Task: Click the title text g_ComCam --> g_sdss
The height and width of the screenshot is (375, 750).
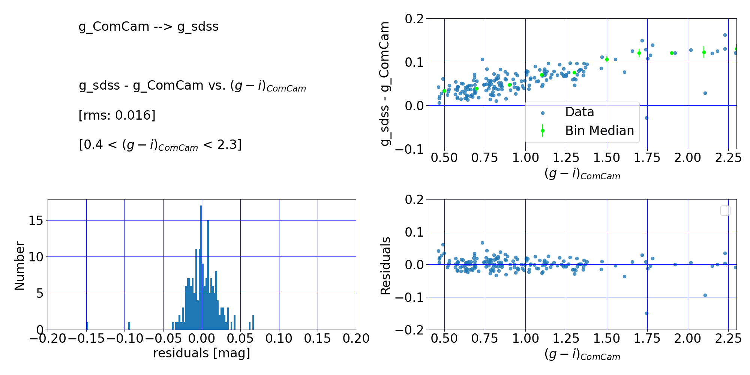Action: point(148,27)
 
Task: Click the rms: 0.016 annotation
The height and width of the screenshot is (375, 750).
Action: point(117,115)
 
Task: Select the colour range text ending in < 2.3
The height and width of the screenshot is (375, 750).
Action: point(160,145)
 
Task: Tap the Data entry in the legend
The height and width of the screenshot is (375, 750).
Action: point(579,112)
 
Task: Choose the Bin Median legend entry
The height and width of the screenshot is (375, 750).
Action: point(599,130)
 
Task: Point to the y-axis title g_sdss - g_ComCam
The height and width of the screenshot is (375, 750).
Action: point(385,84)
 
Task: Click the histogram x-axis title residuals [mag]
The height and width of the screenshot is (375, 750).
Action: point(201,353)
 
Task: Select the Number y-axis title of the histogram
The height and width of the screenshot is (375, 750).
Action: point(19,265)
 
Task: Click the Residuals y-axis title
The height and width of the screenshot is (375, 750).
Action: point(385,265)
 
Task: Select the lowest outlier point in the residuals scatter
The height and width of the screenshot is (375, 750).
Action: point(646,313)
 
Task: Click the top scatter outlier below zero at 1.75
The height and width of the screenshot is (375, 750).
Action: point(646,118)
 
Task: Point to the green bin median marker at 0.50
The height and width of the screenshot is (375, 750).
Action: point(444,91)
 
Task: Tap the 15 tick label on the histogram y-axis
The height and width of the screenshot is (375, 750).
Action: point(36,220)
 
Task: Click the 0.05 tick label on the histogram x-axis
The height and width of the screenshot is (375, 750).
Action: point(240,339)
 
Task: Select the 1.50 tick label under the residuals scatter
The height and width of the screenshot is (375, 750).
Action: point(606,339)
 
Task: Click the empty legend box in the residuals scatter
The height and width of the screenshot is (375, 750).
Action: point(725,210)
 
